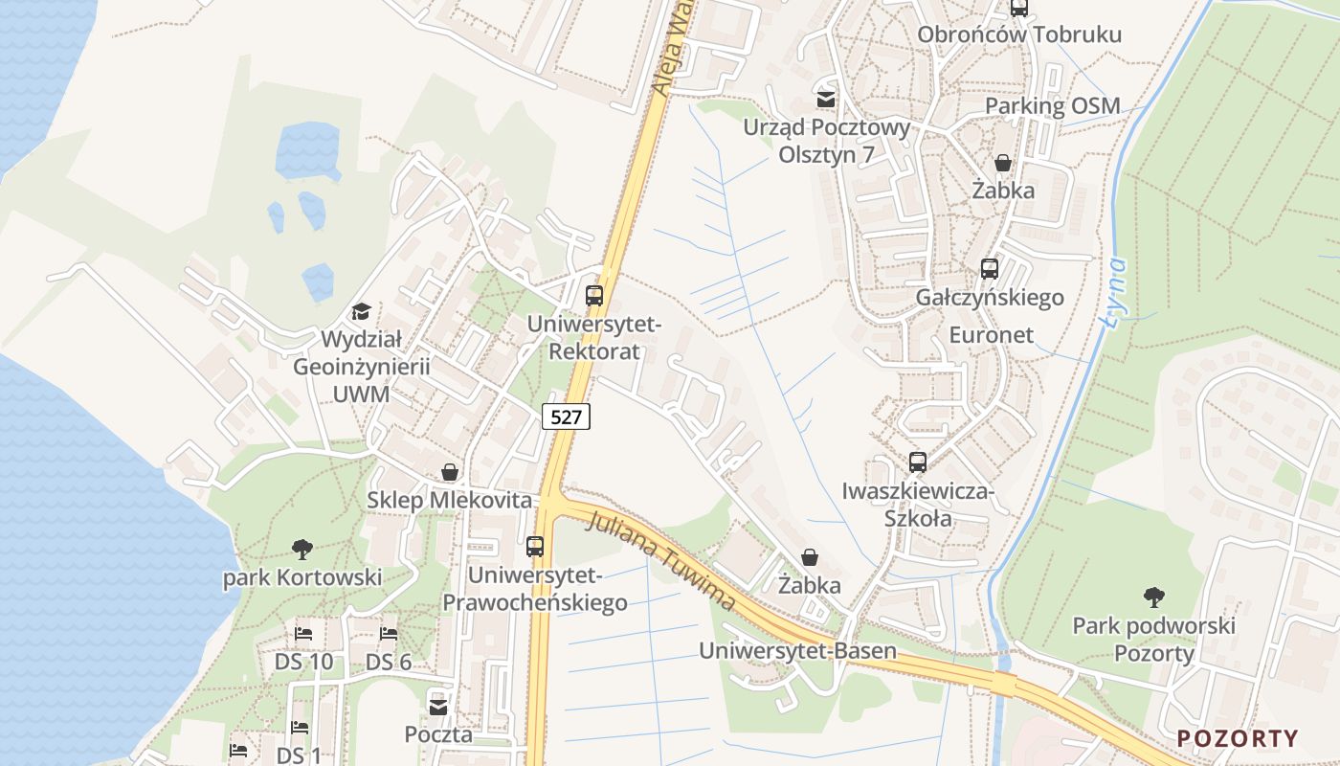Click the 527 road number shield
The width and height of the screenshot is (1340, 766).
coord(566,417)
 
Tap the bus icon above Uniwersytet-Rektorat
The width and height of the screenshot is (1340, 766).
coord(594,295)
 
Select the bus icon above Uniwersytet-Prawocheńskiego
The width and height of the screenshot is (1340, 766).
coord(535,547)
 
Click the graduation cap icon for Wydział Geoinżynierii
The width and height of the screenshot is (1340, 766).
coord(361,311)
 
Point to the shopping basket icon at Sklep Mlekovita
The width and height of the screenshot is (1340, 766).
coord(449,472)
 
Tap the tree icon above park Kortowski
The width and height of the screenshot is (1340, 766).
coord(302,549)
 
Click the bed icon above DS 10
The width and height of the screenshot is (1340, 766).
coord(303,634)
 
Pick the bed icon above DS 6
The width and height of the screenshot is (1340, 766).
coord(388,634)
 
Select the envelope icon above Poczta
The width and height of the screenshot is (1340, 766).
coord(438,707)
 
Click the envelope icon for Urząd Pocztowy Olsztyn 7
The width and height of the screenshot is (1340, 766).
coord(825,99)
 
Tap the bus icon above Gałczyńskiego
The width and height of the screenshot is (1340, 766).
coord(990,269)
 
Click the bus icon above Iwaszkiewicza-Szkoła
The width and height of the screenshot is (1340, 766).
coord(918,462)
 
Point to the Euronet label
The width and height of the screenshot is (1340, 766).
coord(992,335)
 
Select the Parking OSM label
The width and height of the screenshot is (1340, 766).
coord(1052,106)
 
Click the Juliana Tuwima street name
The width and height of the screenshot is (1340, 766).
coord(662,562)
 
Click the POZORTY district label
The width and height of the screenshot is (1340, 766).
coord(1238,738)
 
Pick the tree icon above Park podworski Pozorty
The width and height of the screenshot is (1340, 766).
coord(1154,597)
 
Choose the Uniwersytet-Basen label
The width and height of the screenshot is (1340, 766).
coord(797,651)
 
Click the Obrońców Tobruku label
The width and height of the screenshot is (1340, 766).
coord(1018,35)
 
